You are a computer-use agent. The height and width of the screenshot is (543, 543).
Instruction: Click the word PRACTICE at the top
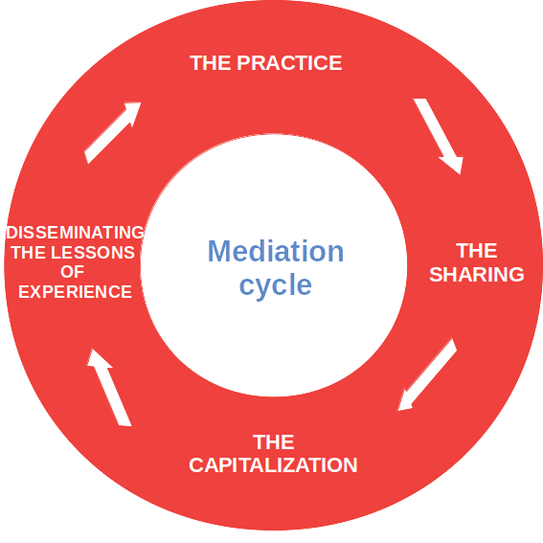point(289,63)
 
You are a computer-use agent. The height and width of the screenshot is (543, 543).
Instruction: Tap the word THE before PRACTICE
point(210,63)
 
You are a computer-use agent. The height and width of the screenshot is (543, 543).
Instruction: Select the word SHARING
point(477,275)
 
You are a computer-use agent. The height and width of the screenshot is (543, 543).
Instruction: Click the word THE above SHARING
point(477,250)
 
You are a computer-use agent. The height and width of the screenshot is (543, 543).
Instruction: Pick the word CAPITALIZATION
point(273,464)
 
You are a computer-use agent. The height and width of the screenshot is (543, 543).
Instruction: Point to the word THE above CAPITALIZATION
point(274,441)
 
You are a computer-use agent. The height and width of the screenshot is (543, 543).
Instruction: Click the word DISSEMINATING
point(75,233)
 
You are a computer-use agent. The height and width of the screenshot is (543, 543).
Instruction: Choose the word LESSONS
point(93,253)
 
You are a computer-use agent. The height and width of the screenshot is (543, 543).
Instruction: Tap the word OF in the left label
point(73,272)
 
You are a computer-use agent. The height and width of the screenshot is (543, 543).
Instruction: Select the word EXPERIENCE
point(75,291)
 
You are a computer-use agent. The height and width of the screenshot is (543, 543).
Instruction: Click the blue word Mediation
point(276,251)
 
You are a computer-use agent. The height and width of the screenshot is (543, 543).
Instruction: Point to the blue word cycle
point(276,285)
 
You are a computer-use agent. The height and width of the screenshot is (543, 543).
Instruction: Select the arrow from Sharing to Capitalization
point(427,375)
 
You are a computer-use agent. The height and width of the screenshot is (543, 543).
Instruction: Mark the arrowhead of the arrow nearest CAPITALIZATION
point(404,401)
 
